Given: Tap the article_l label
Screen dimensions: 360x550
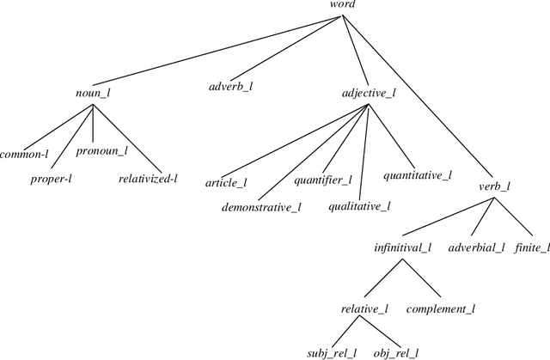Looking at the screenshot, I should click(226, 183).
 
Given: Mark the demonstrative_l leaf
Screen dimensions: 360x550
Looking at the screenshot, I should click(260, 207).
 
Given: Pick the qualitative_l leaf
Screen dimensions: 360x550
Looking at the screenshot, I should click(359, 205).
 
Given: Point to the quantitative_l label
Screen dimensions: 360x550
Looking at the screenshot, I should click(417, 175).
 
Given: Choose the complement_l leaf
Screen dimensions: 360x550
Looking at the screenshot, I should click(440, 308).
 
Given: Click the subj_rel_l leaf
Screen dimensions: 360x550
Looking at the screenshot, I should click(332, 352).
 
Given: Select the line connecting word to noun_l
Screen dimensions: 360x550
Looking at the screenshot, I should click(215, 47).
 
